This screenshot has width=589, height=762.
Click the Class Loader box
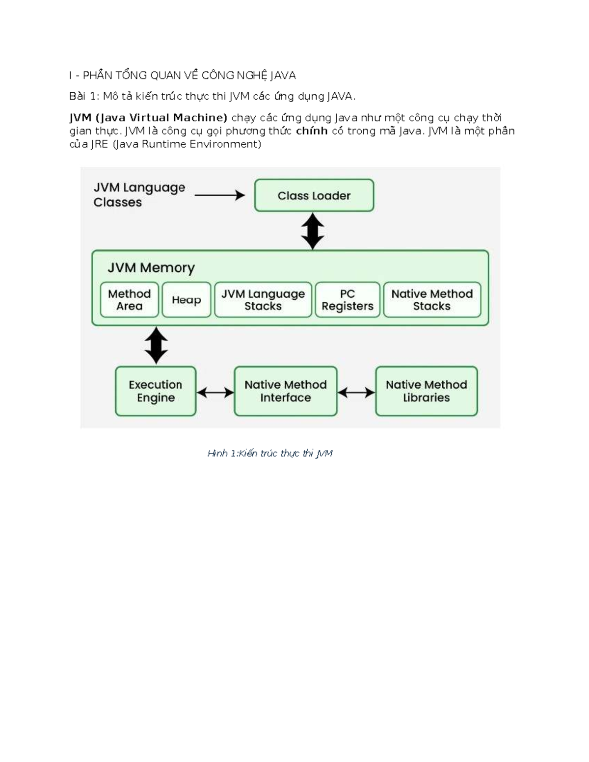point(314,195)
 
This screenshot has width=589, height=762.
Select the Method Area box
point(130,300)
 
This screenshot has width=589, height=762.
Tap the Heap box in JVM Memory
point(187,300)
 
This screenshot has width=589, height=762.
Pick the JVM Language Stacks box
point(263,300)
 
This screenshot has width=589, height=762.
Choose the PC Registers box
point(348,300)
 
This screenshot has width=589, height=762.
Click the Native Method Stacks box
point(432,300)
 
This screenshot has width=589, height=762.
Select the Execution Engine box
point(156,391)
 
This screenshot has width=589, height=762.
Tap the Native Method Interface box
point(286,391)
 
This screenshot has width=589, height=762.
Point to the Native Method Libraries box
point(427,391)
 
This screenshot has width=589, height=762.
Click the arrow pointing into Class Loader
point(220,195)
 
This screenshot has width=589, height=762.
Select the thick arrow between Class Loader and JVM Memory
point(313,231)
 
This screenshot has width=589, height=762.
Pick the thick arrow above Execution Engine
point(156,345)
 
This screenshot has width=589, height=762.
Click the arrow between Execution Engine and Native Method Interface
point(215,393)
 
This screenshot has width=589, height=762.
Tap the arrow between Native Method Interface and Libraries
point(356,393)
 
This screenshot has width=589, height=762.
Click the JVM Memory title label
point(151,268)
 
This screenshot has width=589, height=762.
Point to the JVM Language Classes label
point(139,195)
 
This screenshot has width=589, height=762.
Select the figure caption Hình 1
point(270,453)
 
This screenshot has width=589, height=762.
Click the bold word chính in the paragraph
point(312,131)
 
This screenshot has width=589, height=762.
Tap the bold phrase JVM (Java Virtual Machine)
point(148,117)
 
